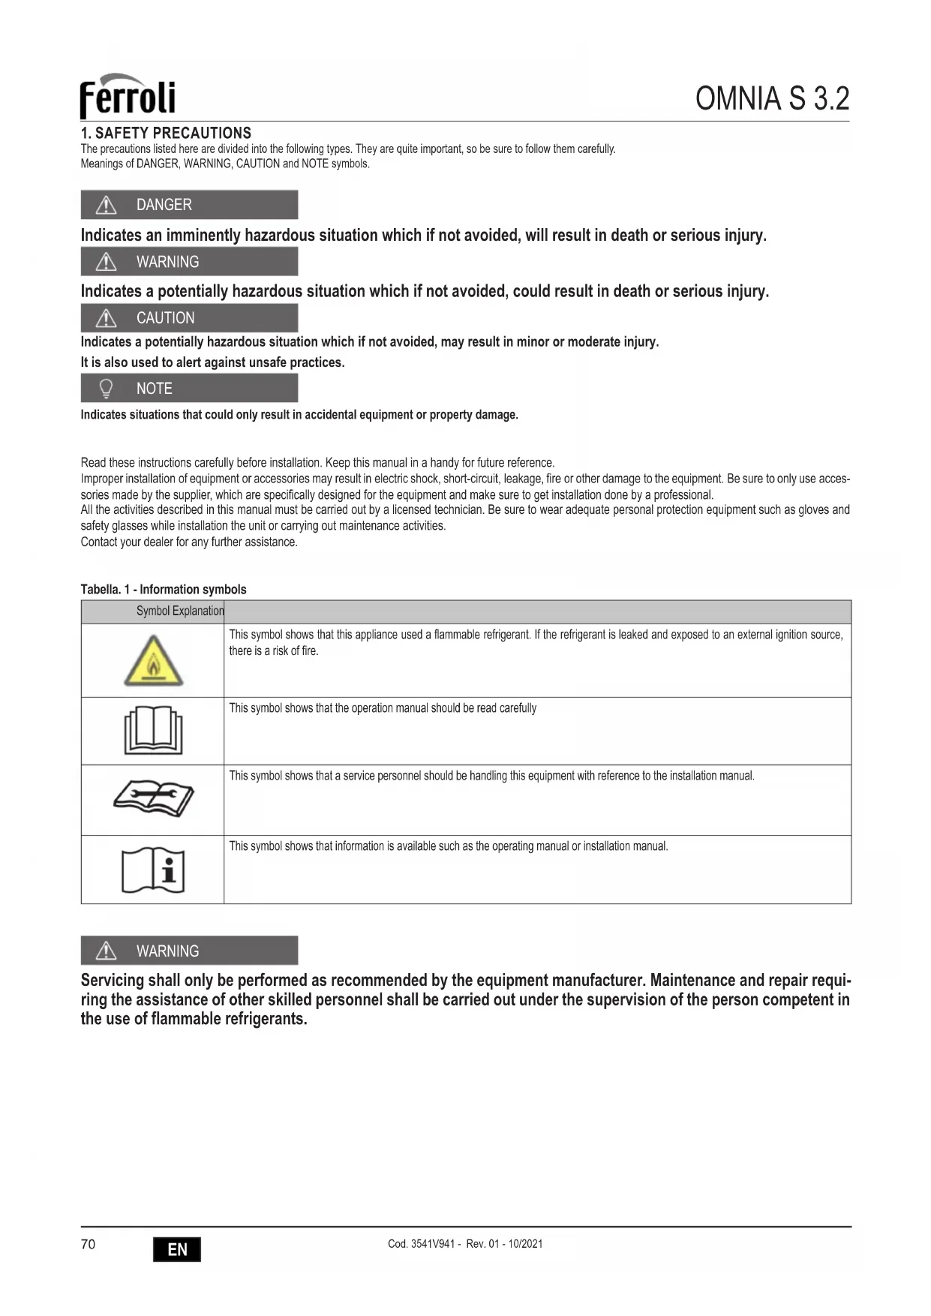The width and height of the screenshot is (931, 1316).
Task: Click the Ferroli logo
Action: coord(128,96)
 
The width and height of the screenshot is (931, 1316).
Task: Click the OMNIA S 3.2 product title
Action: coord(772,98)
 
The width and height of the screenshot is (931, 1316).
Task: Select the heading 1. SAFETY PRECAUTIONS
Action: coord(166,133)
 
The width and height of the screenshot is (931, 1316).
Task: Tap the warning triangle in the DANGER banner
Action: coord(107,205)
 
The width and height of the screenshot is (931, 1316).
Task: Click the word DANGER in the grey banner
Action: coord(164,205)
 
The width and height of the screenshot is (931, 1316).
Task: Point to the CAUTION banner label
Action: coord(165,318)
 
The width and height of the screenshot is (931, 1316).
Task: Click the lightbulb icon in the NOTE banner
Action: coord(107,389)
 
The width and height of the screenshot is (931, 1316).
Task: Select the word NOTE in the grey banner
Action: coord(154,389)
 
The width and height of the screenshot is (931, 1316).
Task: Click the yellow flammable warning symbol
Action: coord(153,661)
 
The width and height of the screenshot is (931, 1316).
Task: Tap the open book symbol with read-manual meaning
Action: coord(153,730)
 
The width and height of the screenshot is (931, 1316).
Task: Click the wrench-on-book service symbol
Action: coord(153,797)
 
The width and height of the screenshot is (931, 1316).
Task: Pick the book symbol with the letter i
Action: coord(153,870)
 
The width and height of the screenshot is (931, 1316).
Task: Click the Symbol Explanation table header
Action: coord(180,611)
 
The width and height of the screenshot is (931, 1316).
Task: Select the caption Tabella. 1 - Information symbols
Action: coord(164,590)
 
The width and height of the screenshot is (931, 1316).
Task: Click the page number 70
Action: coord(88,1245)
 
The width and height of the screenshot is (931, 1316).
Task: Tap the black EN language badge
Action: coord(177,1249)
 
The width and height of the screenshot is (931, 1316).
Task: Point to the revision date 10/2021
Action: coord(525,1244)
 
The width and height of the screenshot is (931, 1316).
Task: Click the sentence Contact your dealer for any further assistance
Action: coord(189,542)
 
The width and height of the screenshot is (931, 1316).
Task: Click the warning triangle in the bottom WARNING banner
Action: coord(107,951)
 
